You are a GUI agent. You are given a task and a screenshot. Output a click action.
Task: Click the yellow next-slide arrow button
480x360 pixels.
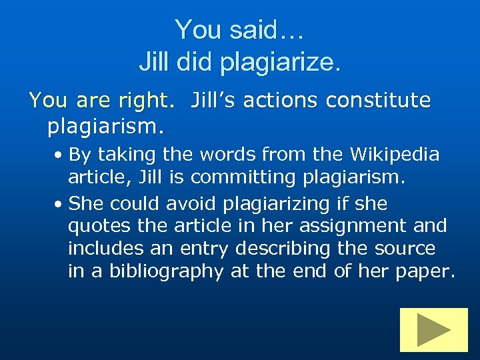pos(433,329)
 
